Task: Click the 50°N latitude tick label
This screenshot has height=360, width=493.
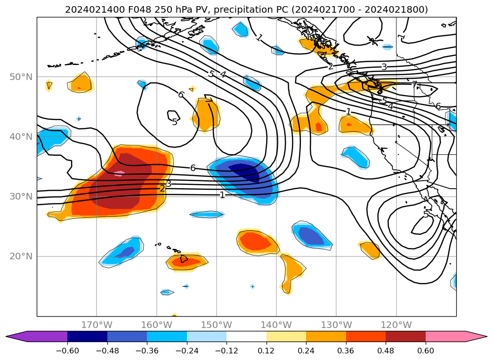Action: click(21, 77)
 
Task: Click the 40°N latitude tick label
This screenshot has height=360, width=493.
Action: click(21, 136)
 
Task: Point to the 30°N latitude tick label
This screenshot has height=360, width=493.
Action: click(21, 196)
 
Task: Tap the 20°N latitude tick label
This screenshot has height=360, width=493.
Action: click(21, 256)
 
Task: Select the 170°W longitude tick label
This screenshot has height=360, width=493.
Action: click(97, 325)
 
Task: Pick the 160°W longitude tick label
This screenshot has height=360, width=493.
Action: click(156, 325)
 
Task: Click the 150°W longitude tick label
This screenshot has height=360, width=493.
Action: click(217, 325)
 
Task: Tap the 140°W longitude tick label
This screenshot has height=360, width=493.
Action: click(276, 325)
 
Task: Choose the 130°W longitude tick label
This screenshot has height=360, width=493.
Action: click(336, 325)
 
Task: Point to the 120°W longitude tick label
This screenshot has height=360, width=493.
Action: click(396, 325)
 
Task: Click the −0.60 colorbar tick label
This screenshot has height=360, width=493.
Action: click(67, 351)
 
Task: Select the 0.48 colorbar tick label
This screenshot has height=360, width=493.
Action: click(386, 351)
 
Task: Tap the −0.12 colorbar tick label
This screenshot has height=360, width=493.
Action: click(226, 351)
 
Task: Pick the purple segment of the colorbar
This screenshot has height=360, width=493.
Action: click(40, 336)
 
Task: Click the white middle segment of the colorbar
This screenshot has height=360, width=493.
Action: click(246, 336)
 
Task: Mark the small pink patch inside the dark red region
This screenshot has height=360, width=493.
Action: click(120, 173)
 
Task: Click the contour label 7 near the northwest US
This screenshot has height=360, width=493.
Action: click(414, 85)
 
